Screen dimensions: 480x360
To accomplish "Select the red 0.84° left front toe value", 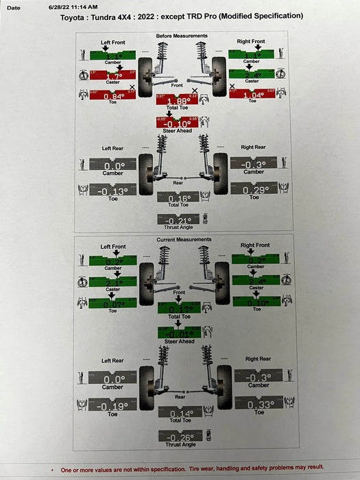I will coord(113,96).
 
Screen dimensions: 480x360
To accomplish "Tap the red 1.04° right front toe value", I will coord(252,96).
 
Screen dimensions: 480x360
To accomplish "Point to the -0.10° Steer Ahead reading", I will coord(178,123).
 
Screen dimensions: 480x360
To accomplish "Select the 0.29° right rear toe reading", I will coord(254,190).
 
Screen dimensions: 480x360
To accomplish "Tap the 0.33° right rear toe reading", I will coord(259,404).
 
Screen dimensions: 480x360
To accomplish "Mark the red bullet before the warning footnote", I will coord(53,469).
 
